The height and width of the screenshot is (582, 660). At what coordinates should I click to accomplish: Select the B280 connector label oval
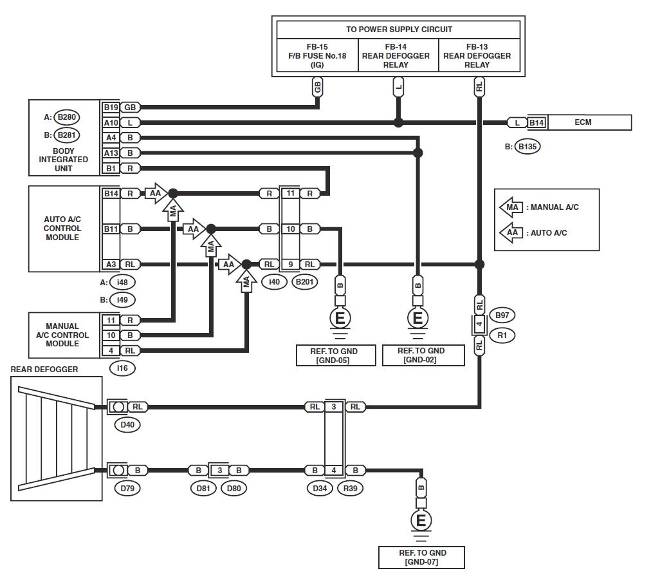[66, 117]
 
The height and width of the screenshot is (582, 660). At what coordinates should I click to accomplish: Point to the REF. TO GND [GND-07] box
[422, 558]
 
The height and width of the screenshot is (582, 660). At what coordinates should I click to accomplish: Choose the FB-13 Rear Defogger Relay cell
[477, 56]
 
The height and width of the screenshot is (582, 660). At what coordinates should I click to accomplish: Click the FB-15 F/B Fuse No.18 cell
[317, 56]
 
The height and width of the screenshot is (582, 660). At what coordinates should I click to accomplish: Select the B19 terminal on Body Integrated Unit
[111, 107]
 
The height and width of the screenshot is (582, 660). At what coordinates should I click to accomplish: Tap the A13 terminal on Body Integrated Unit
[111, 153]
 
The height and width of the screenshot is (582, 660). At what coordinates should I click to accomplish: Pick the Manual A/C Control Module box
[63, 335]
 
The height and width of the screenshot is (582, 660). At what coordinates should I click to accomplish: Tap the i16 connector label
[122, 368]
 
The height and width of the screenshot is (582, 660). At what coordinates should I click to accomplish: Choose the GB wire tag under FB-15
[317, 86]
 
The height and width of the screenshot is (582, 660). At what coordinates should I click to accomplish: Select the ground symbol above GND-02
[417, 317]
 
